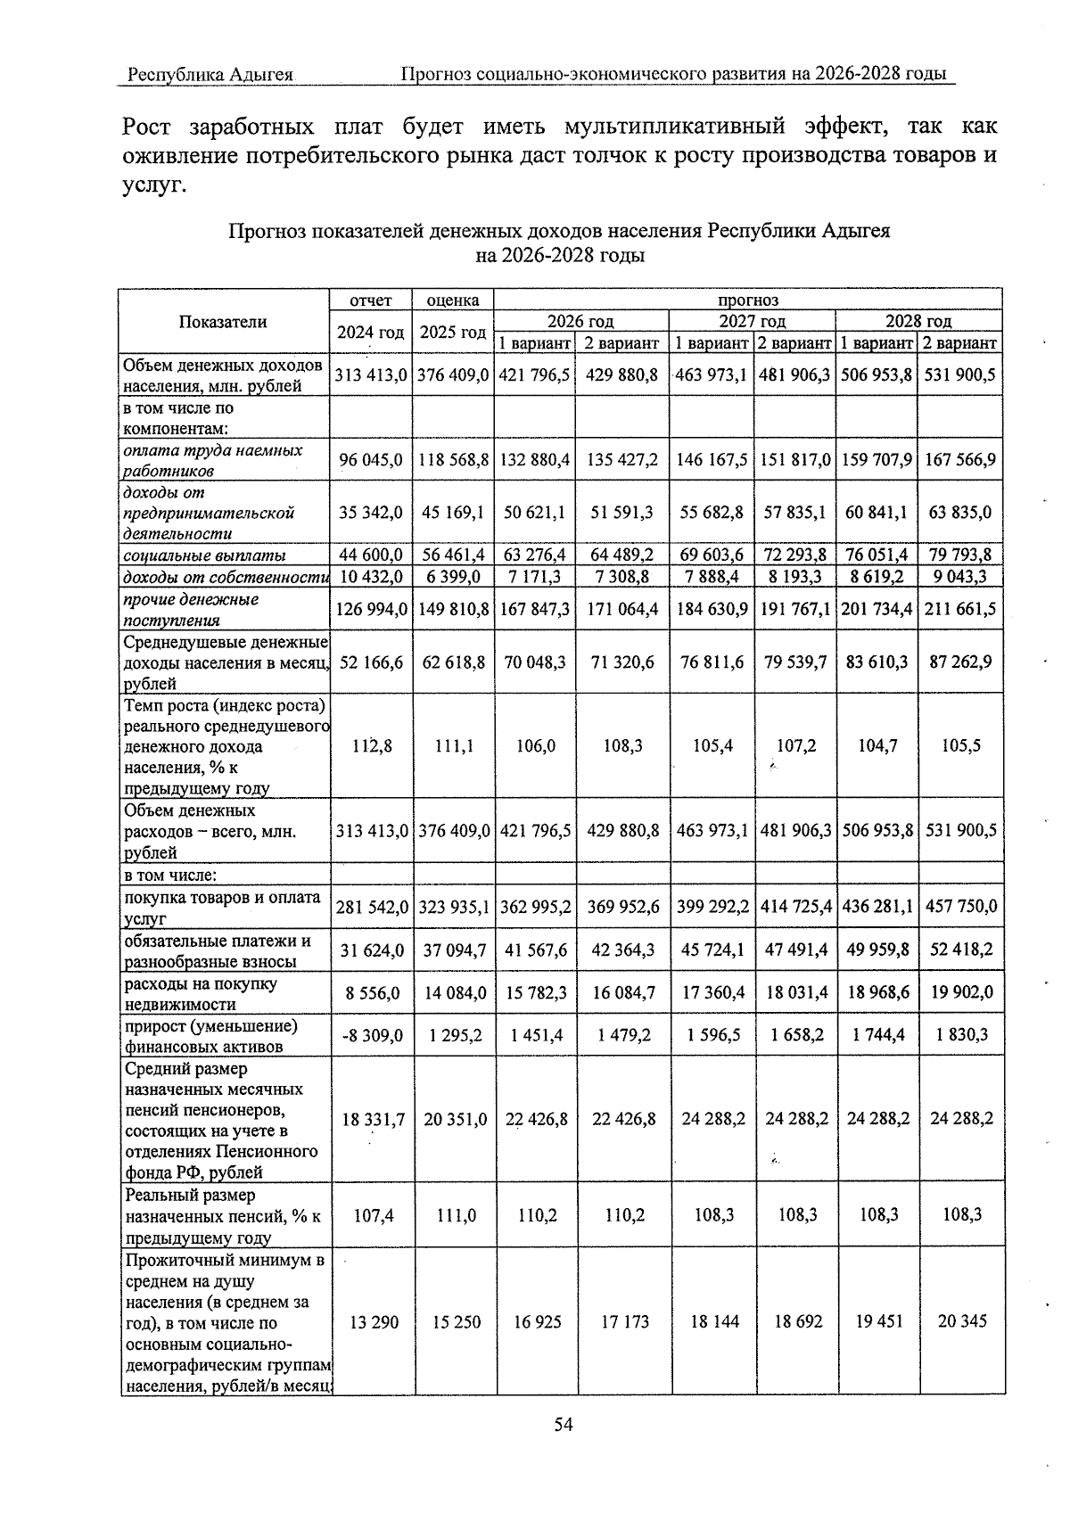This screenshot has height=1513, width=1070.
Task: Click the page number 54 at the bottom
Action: point(563,1424)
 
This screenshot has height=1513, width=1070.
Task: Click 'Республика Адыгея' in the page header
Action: point(210,74)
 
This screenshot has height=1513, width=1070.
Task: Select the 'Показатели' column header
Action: point(223,322)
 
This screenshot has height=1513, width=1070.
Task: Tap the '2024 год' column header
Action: point(371,333)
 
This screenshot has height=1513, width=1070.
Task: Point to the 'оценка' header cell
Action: point(453,300)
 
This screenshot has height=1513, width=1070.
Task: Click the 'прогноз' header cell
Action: point(748,300)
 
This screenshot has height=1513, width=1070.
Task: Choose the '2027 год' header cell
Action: point(752,321)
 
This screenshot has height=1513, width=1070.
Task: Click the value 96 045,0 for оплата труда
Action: point(371,460)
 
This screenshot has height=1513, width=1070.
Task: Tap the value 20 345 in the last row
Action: point(961,1321)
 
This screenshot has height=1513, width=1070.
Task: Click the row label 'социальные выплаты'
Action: point(205,555)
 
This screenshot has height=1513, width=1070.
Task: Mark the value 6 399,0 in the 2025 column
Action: point(454,577)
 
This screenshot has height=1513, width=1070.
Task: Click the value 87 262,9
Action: point(960,662)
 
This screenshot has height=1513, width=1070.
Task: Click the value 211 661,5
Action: point(960,610)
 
